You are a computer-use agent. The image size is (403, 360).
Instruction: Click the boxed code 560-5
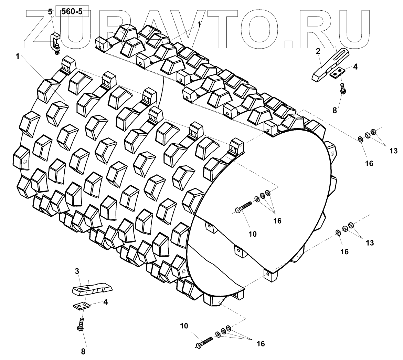(x=72, y=12)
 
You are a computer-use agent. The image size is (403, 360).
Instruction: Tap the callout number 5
(x=51, y=12)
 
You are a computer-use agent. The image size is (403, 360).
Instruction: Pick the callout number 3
(x=77, y=271)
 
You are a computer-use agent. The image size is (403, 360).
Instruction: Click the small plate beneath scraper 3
(x=82, y=305)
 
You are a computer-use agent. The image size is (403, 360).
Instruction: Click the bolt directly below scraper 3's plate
(x=81, y=325)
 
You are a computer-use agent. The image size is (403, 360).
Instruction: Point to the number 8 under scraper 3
(x=83, y=351)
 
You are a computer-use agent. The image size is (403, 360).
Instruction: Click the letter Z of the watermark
(x=41, y=28)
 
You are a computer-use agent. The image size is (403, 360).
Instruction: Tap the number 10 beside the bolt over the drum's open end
(x=253, y=234)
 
